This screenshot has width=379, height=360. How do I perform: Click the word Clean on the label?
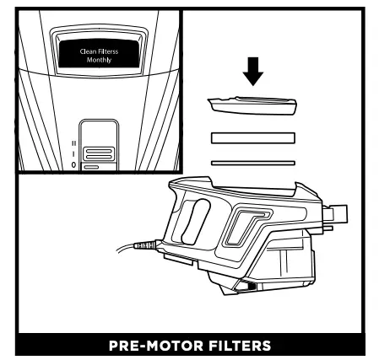[x=90, y=51]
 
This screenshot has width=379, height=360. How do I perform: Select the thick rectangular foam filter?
[x=252, y=137]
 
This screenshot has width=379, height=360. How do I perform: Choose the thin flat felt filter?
[x=252, y=161]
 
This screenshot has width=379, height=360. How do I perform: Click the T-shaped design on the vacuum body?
[x=245, y=223]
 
